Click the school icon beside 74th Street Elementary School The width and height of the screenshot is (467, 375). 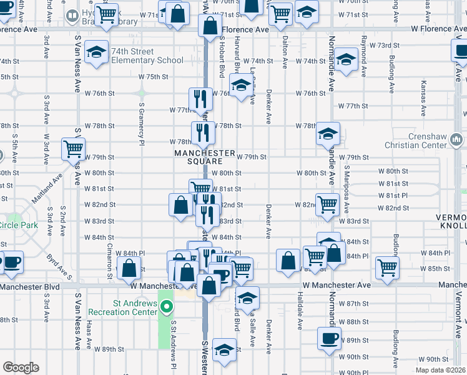pos(97,53)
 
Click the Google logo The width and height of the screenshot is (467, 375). pos(21,367)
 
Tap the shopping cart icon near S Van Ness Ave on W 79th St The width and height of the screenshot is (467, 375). pos(74,149)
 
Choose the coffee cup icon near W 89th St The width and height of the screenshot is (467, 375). pos(328,338)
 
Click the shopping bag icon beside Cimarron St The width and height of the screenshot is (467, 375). pos(129,268)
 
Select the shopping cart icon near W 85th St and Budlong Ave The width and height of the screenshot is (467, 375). pos(388,267)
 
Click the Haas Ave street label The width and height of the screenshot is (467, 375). pos(90,340)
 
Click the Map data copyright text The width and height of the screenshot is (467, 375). pos(441,369)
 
